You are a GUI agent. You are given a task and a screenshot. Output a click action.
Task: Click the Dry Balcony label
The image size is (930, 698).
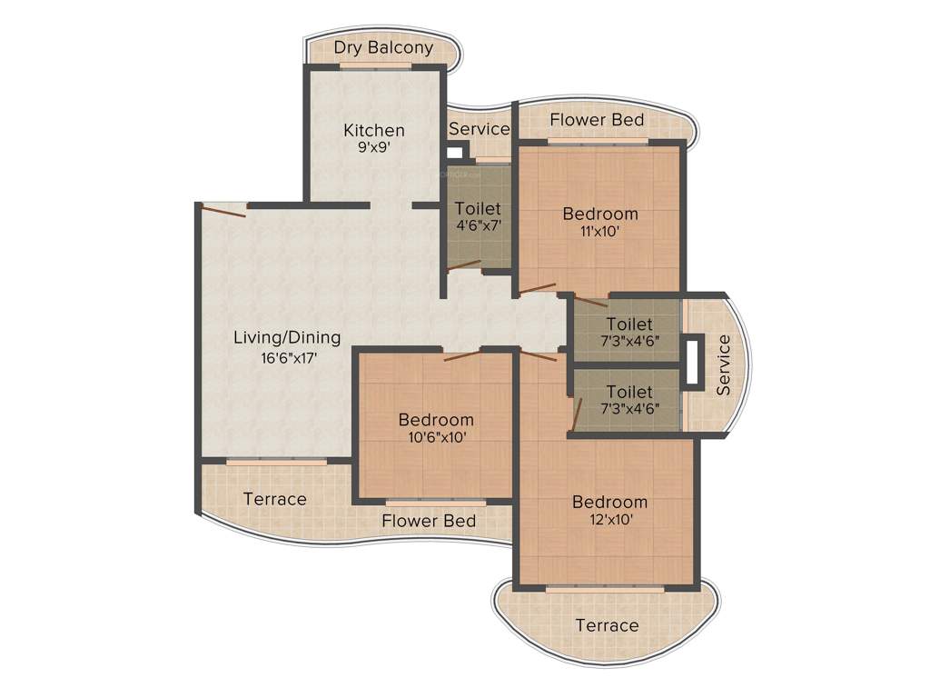383,48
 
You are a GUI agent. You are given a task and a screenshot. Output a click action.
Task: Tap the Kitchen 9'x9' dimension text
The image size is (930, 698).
373,147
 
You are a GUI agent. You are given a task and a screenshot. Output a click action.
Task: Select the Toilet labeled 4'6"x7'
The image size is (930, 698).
478,216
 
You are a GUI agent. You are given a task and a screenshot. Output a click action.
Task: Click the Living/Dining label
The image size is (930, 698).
287,338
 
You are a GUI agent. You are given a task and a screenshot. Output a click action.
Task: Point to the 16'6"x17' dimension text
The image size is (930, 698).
287,358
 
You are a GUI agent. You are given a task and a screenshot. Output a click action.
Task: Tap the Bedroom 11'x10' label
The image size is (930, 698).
600,214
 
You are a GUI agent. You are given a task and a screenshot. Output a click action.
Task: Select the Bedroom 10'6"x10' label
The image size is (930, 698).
436,420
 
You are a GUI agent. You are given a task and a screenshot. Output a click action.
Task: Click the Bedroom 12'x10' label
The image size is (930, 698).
609,502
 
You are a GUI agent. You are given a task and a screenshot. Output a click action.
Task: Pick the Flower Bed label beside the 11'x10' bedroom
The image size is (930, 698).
597,120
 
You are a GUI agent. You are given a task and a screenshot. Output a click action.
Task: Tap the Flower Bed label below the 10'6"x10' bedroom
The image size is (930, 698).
429,521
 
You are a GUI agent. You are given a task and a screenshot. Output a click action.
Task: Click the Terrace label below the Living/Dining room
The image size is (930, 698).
275,499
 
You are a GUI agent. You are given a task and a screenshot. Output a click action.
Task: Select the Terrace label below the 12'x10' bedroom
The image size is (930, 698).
607,625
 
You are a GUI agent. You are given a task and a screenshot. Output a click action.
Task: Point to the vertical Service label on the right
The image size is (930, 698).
724,365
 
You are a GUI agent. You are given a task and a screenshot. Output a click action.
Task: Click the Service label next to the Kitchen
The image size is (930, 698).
479,129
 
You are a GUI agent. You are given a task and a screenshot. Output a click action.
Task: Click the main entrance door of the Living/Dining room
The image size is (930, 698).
223,210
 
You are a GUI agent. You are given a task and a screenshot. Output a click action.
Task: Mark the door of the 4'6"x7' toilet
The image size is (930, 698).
463,265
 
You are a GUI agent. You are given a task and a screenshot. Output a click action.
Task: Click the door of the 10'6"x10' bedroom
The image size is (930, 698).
462,355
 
